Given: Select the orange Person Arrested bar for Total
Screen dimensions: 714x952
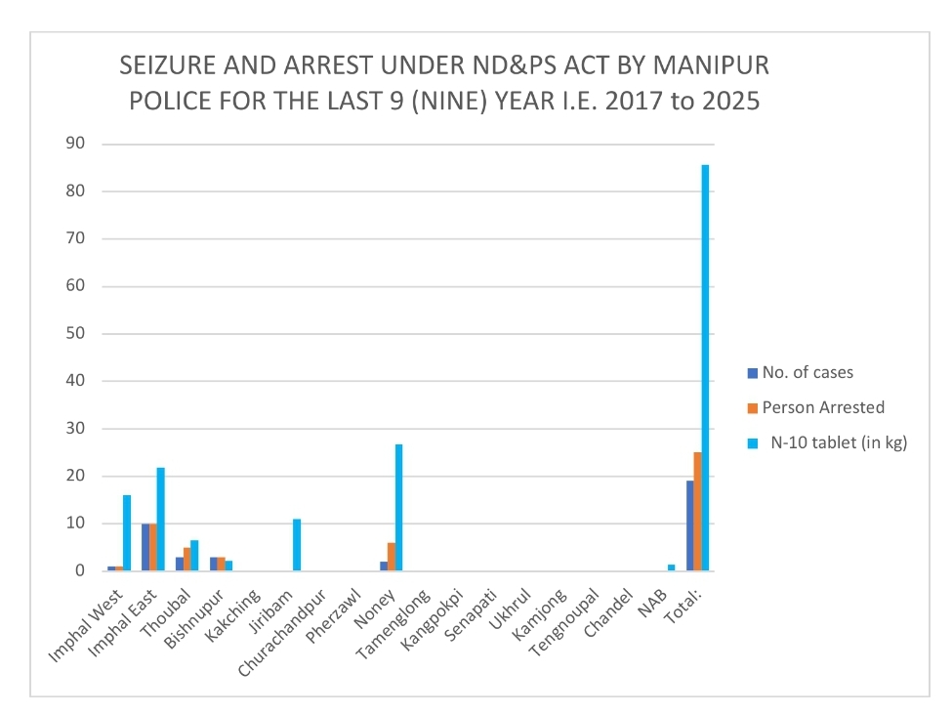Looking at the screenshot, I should pyautogui.click(x=697, y=512).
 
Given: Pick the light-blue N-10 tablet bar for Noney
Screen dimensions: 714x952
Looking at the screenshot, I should pyautogui.click(x=398, y=508).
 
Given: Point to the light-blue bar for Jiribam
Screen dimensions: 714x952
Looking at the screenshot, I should pyautogui.click(x=297, y=545).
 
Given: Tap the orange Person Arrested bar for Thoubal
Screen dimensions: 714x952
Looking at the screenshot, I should pyautogui.click(x=187, y=560).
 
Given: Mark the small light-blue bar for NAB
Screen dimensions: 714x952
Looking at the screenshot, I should pyautogui.click(x=671, y=567).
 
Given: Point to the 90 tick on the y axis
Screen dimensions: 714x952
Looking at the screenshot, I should pyautogui.click(x=76, y=144).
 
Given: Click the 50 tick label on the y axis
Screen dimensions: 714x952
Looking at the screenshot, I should pyautogui.click(x=76, y=334).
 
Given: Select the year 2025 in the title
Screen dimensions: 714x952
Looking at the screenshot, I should pyautogui.click(x=725, y=102).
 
